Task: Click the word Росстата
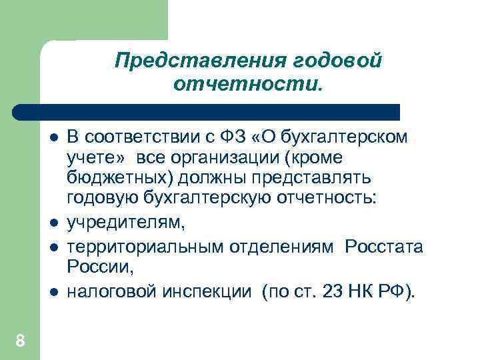(384, 247)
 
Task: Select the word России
(100, 267)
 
